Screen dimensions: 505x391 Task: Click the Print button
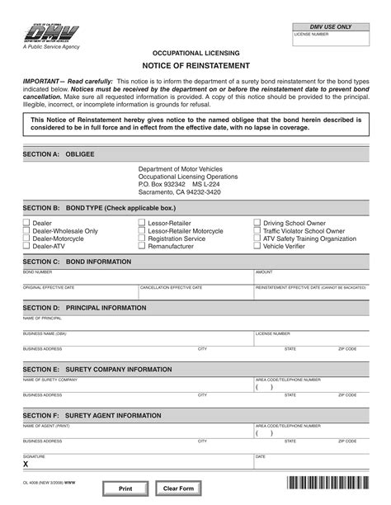point(125,488)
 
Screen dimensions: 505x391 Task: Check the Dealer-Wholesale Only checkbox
point(26,232)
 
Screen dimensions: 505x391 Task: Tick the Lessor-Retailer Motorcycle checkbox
point(142,232)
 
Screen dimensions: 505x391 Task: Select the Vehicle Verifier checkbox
point(257,246)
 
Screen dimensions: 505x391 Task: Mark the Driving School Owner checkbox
point(257,224)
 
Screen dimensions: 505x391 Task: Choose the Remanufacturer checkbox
point(142,246)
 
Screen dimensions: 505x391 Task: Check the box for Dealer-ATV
point(26,246)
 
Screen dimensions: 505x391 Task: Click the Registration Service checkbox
point(142,239)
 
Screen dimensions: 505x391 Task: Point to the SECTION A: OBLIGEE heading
point(59,154)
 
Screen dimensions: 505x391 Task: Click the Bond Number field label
point(38,271)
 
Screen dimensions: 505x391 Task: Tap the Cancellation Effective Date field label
point(171,288)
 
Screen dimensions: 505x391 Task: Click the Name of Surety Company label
point(50,380)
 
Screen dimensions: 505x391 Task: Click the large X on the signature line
point(26,464)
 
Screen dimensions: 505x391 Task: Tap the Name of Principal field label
point(42,318)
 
